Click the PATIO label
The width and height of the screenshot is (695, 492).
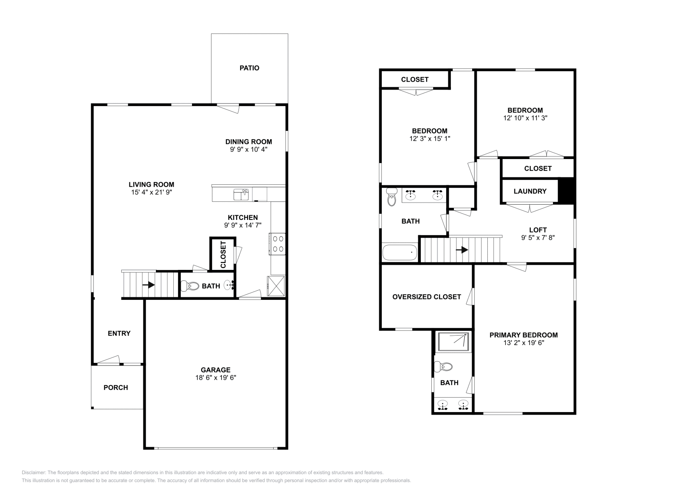tap(249, 68)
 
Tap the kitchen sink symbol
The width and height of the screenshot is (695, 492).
tap(241, 194)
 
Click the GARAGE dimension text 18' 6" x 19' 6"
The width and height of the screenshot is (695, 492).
tap(215, 378)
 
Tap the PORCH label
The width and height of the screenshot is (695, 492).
tap(116, 387)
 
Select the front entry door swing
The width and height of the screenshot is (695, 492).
tap(108, 360)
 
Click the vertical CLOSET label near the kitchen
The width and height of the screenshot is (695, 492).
tap(223, 254)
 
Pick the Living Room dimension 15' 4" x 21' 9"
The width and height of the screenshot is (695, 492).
tap(151, 192)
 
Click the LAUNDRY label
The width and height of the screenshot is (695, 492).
tap(530, 191)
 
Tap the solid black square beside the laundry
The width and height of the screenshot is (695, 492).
tap(566, 191)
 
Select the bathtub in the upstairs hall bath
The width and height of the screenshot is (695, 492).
tap(400, 252)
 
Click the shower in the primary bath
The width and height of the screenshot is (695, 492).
tap(453, 342)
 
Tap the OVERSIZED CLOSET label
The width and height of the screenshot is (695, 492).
tap(427, 297)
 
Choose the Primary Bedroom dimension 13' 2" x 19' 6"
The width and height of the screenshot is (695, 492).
tap(523, 342)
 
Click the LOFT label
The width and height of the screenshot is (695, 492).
tap(538, 230)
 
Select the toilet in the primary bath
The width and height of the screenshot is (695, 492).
tap(445, 367)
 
